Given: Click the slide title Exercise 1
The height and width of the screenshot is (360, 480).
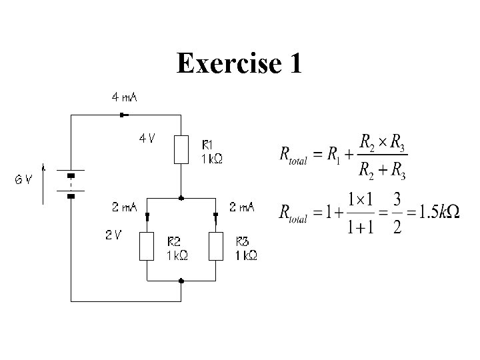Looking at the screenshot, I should click(x=239, y=64).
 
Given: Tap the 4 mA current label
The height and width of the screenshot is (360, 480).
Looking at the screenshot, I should click(x=124, y=97).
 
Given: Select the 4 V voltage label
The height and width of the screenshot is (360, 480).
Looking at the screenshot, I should click(x=147, y=139).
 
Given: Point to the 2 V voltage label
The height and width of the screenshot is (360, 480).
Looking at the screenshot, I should click(x=113, y=235).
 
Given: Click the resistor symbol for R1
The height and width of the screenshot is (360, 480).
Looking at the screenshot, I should click(x=181, y=149).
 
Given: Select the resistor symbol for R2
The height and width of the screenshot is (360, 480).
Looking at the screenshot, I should click(x=147, y=246).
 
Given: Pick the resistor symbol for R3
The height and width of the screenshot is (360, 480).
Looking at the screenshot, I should click(x=215, y=246).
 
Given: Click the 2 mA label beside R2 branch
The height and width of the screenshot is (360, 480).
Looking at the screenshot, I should click(x=125, y=207).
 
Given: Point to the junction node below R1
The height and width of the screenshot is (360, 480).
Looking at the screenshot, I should click(x=181, y=198).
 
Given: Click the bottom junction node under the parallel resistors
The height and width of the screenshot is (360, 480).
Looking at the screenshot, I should click(x=181, y=281).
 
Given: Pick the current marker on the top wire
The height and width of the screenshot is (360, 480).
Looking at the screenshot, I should click(x=121, y=115).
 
